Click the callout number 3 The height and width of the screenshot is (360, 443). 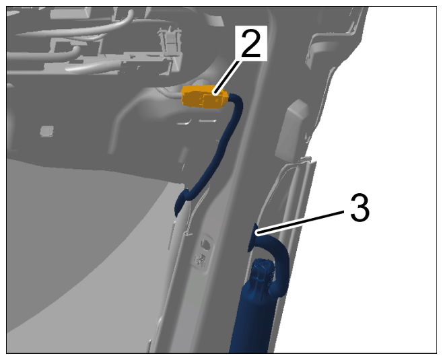click(360, 207)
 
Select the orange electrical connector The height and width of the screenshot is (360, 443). click(204, 97)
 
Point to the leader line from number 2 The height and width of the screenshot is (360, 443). click(228, 76)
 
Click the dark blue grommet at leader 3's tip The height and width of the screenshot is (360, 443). click(252, 237)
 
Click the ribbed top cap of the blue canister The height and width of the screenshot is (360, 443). click(262, 271)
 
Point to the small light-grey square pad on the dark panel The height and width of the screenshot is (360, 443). click(47, 131)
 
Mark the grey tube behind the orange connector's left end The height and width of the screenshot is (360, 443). click(170, 93)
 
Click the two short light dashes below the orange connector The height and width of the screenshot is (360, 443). click(197, 122)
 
